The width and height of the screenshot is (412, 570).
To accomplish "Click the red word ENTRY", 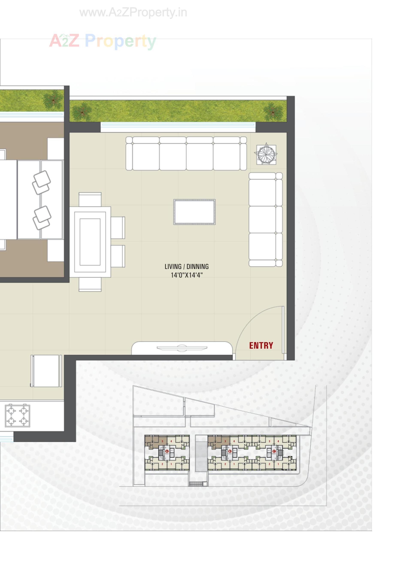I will (x=261, y=345).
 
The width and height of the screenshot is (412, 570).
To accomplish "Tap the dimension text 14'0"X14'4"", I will (x=187, y=275).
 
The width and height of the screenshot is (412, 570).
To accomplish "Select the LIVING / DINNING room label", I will (x=187, y=266).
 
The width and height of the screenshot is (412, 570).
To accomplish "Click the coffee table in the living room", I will (x=194, y=212).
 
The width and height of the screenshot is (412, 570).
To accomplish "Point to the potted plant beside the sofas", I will (x=266, y=155).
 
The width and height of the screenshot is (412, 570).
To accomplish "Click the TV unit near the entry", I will (x=182, y=348).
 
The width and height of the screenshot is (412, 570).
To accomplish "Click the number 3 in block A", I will (x=162, y=441).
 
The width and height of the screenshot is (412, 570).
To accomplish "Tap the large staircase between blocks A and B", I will (x=201, y=452).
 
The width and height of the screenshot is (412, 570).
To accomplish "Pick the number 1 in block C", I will (x=278, y=464).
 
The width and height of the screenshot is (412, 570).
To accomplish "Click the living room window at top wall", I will (x=178, y=127).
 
